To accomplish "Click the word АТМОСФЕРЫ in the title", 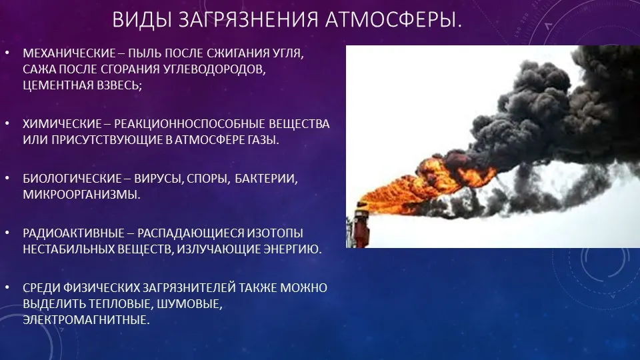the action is point(393,19).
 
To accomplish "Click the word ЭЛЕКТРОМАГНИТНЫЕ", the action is point(86,319).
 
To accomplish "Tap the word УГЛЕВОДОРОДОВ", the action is point(215,69).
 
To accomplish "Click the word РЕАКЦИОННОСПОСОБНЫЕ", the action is point(189,124).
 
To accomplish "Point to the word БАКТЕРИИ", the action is point(266,179).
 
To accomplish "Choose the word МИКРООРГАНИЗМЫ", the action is point(81,194).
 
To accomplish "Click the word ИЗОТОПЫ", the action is point(275,233).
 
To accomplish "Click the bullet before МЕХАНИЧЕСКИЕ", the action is point(7,53).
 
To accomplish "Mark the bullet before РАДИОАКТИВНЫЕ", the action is point(7,233).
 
